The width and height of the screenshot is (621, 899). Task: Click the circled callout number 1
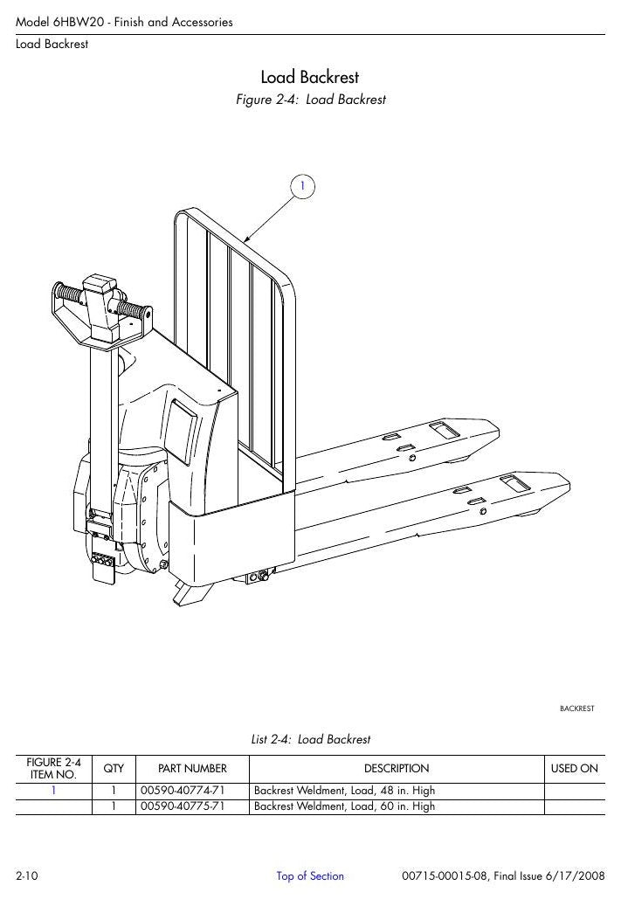(302, 186)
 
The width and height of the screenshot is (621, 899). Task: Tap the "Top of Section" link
(310, 876)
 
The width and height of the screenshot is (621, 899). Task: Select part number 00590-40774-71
(183, 791)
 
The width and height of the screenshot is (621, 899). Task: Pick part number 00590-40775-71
(183, 806)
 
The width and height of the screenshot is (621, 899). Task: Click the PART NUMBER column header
(193, 769)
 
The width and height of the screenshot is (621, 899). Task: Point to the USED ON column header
(575, 769)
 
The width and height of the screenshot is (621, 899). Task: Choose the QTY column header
(114, 769)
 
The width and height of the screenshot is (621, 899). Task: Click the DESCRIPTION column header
(397, 769)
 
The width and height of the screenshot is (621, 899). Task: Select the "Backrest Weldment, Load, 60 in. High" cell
(345, 806)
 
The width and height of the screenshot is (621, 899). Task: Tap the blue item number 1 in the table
(54, 791)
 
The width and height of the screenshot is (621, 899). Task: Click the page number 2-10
(27, 876)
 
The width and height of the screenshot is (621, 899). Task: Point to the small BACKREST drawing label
(576, 709)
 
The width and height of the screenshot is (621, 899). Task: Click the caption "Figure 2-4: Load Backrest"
(311, 100)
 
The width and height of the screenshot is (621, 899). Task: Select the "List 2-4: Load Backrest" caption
(311, 740)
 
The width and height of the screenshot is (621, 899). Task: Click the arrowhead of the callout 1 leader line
(246, 239)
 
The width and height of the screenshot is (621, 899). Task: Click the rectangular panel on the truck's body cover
(183, 431)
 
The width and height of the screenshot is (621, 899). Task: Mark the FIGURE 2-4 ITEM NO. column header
(54, 769)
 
